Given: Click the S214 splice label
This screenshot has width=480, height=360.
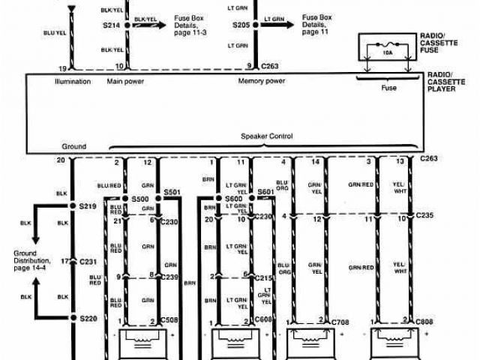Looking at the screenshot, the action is pyautogui.click(x=112, y=24).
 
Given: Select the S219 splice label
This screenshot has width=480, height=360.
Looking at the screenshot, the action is pyautogui.click(x=88, y=205).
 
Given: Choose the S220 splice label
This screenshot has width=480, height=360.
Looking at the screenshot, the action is pyautogui.click(x=88, y=318).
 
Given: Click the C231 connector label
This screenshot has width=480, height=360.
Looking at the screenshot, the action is pyautogui.click(x=91, y=262).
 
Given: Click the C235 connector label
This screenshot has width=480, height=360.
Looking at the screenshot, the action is pyautogui.click(x=426, y=216).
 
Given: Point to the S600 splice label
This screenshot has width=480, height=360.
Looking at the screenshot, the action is pyautogui.click(x=234, y=198).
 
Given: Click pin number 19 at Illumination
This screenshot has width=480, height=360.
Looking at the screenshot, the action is pyautogui.click(x=61, y=67).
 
